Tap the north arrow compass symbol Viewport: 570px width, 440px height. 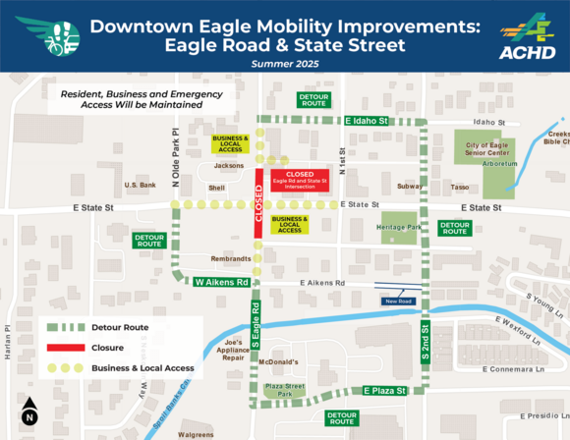29,411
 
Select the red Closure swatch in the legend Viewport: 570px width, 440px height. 65,347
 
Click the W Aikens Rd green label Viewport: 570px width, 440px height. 221,282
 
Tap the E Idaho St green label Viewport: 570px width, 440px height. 368,121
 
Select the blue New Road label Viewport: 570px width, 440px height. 398,302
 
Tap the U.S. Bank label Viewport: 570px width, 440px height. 141,185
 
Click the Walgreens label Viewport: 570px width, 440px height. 196,434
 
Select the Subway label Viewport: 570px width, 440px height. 410,186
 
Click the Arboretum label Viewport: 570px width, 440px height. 500,163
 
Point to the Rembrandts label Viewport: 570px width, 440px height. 232,259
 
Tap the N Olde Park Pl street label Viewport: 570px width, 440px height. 175,157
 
